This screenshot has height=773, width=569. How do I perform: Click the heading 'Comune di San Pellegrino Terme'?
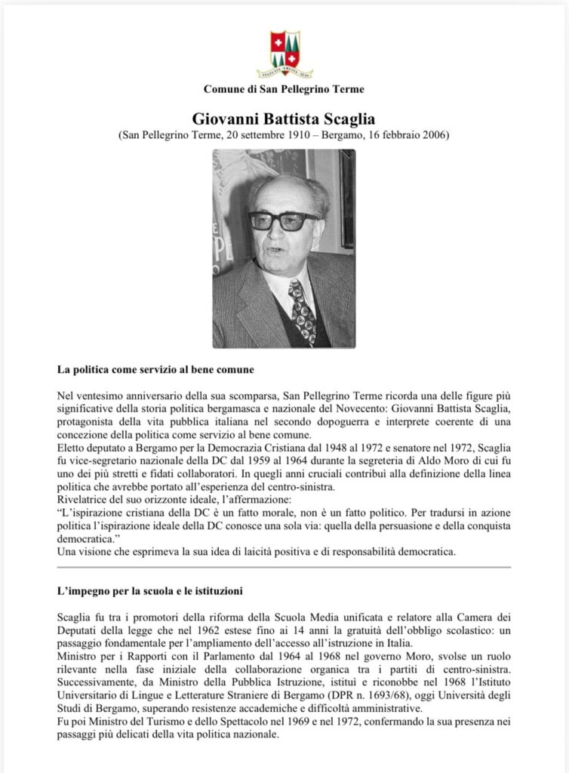[284, 89]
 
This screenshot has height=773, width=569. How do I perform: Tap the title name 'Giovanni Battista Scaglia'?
[284, 119]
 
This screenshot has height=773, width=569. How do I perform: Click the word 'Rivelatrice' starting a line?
[82, 499]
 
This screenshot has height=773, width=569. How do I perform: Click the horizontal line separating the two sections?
[284, 566]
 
